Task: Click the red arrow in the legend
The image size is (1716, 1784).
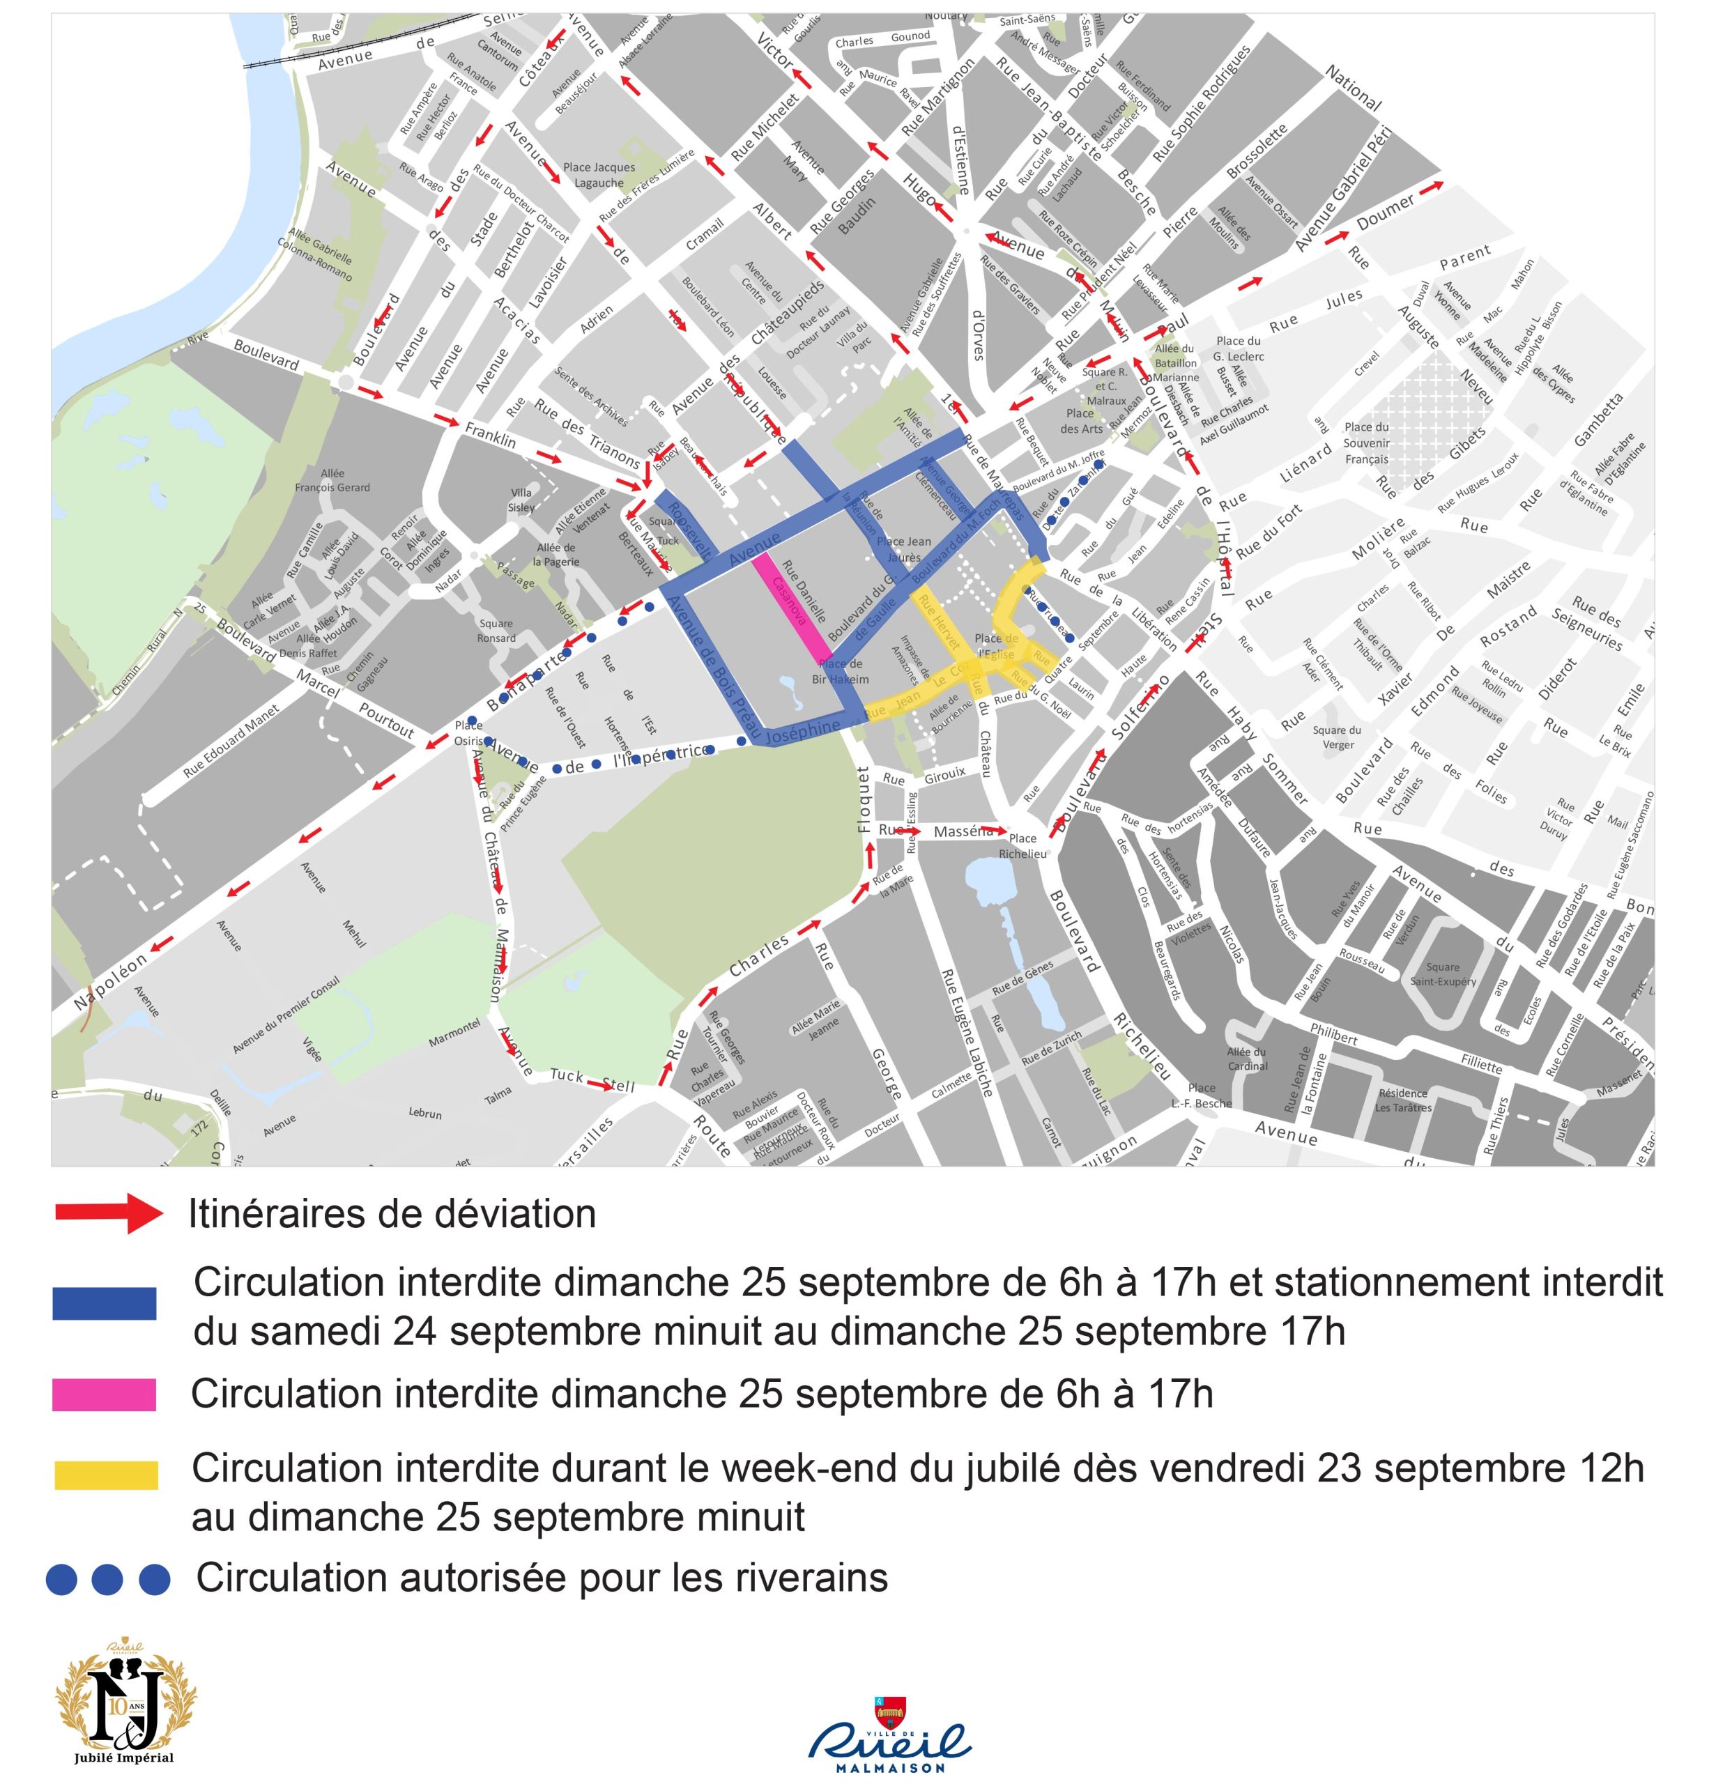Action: (109, 1213)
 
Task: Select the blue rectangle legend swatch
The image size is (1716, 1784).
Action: (105, 1303)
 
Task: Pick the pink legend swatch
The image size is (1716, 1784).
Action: (105, 1394)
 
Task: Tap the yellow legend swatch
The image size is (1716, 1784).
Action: (106, 1475)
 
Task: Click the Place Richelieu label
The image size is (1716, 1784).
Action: (1022, 845)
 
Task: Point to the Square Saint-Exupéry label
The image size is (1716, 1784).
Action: (1443, 974)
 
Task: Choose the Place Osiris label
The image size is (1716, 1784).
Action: (470, 732)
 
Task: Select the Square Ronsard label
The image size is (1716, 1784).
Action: (497, 630)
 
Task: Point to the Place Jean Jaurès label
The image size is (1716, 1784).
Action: (903, 549)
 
